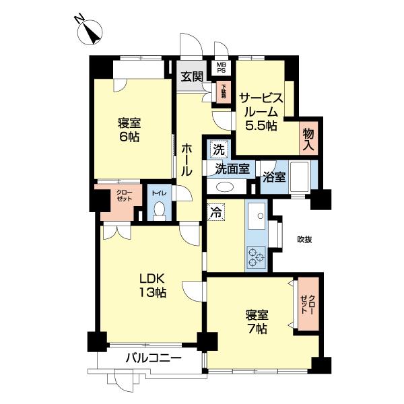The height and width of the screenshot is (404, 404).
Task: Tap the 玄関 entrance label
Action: pos(191,76)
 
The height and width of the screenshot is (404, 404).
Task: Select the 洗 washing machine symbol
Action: pos(219,148)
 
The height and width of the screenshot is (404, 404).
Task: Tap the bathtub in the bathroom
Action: pos(297,177)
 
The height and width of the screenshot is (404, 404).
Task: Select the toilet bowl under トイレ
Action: pos(160,211)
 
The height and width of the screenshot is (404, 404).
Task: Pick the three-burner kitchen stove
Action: pos(257,257)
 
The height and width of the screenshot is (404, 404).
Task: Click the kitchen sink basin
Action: pos(256,216)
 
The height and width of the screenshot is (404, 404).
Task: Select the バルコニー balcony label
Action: pos(154,358)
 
